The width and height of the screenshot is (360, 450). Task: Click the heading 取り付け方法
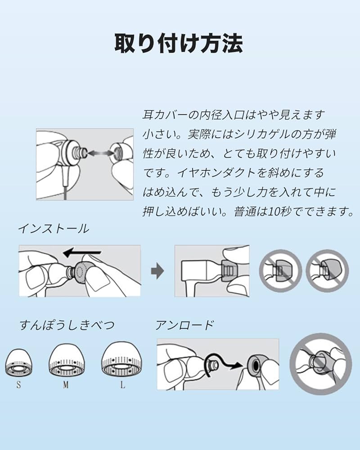click(179, 44)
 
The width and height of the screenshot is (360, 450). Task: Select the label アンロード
click(184, 325)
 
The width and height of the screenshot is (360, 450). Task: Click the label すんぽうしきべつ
click(67, 325)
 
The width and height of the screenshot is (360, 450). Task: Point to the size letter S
click(18, 385)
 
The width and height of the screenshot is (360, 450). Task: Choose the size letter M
click(66, 385)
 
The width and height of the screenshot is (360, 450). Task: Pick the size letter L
click(122, 385)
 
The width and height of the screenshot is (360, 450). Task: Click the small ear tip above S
click(18, 364)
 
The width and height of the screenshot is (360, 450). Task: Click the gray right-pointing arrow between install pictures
click(157, 271)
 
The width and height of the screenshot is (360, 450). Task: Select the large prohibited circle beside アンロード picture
click(320, 364)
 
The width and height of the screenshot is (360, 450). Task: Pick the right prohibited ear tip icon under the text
click(327, 271)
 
